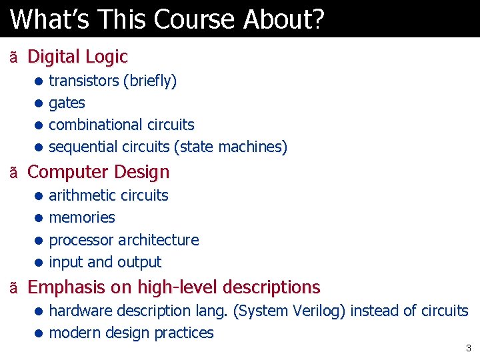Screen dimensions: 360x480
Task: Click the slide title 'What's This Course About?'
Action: coord(167,19)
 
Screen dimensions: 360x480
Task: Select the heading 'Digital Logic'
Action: coord(77,57)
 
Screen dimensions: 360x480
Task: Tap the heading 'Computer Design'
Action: coord(99,172)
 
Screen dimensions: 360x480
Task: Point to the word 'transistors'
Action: coord(83,81)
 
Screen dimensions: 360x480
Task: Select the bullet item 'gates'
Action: coord(67,103)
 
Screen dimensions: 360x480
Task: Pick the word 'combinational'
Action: coord(92,125)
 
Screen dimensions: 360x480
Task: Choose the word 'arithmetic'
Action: coord(82,196)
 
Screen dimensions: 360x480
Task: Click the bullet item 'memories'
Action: coord(82,218)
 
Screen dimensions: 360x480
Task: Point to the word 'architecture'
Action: coord(159,240)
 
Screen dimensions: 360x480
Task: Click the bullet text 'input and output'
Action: coord(105,263)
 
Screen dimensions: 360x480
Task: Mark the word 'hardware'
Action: coord(81,311)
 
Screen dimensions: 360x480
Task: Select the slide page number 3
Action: coord(468,348)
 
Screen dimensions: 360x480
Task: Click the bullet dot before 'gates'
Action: coord(39,103)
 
